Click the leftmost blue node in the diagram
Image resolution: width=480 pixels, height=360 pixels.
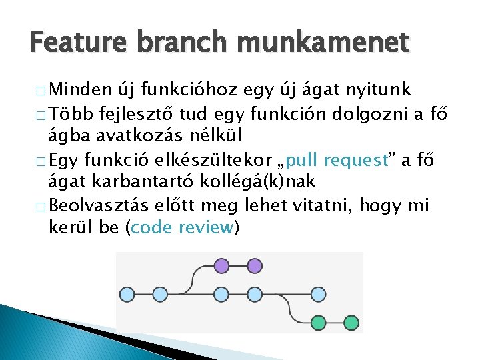click(127, 293)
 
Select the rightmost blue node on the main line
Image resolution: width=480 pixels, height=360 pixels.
click(319, 293)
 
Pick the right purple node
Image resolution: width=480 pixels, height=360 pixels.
click(254, 266)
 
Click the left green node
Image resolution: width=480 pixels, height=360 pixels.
click(319, 323)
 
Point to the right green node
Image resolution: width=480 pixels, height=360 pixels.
click(351, 323)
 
